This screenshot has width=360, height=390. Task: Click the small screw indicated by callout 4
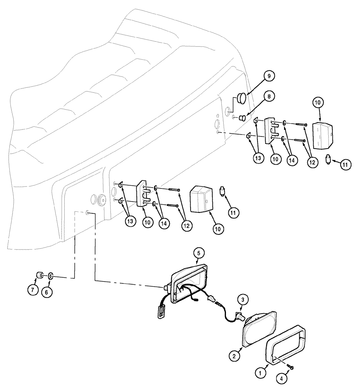(x=291, y=367)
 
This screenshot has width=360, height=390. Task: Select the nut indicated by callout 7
(x=39, y=276)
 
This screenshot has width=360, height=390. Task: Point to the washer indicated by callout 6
(x=51, y=277)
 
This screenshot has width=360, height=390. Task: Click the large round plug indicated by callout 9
(x=242, y=97)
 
